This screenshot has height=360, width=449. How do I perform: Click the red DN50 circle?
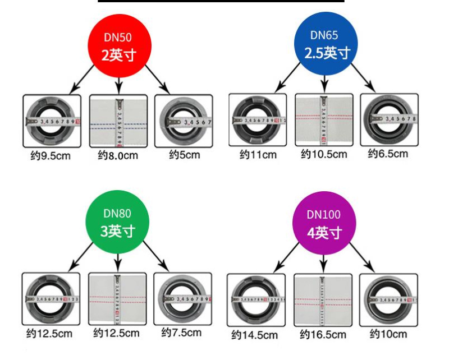click(x=119, y=47)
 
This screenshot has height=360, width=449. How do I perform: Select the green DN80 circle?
click(x=118, y=222)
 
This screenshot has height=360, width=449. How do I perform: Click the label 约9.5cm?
click(x=51, y=155)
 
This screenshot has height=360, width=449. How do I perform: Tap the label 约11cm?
click(x=258, y=155)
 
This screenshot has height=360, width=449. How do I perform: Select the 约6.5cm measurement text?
click(x=388, y=154)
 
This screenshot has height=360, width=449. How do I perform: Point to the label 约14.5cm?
click(x=255, y=335)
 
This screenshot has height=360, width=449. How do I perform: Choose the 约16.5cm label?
click(x=323, y=335)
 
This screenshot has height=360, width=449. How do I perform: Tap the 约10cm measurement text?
click(x=388, y=334)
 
